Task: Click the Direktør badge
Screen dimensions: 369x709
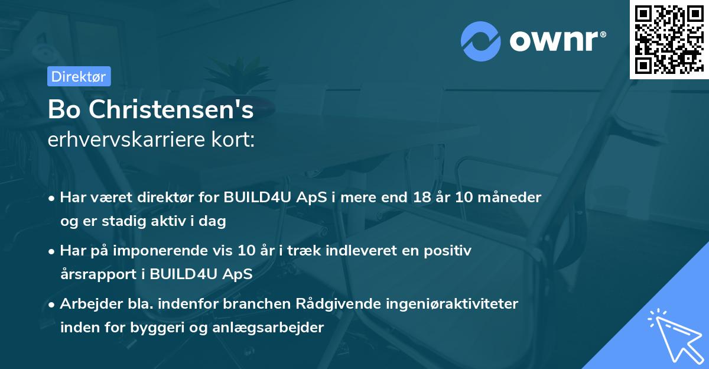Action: coord(78,76)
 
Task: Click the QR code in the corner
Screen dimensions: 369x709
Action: coord(669,39)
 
